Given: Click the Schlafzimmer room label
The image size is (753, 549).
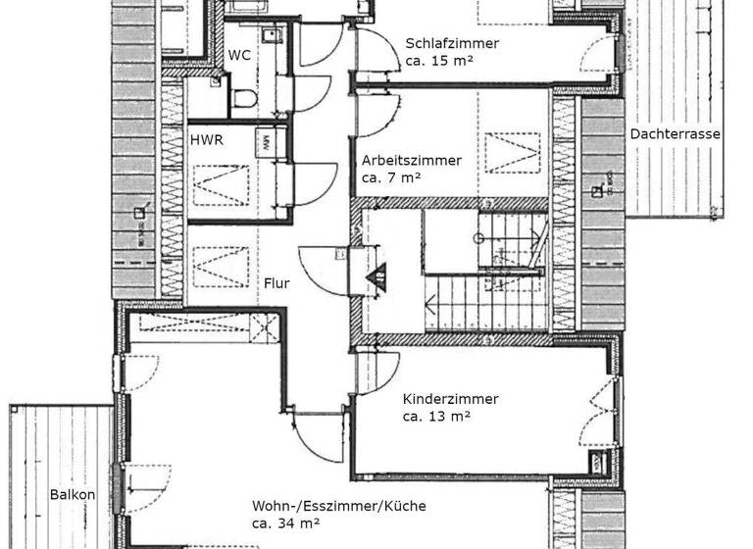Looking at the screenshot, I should pyautogui.click(x=452, y=43).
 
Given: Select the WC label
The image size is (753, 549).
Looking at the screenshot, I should pyautogui.click(x=239, y=55).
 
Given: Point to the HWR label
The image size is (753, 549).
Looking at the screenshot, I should pyautogui.click(x=206, y=140).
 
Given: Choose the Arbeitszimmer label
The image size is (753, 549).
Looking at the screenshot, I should pyautogui.click(x=411, y=160).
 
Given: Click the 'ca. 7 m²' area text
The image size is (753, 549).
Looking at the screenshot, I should pyautogui.click(x=390, y=177).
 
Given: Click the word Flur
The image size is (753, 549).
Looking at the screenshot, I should pyautogui.click(x=276, y=283).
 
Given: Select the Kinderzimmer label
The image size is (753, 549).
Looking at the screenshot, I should pyautogui.click(x=450, y=399).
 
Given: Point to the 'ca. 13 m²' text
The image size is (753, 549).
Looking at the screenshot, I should pyautogui.click(x=437, y=417).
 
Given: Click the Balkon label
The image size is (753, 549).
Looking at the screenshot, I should pyautogui.click(x=73, y=495).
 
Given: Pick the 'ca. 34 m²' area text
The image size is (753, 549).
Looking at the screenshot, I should pyautogui.click(x=285, y=524).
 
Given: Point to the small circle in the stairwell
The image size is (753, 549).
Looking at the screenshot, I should pyautogui.click(x=479, y=238).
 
